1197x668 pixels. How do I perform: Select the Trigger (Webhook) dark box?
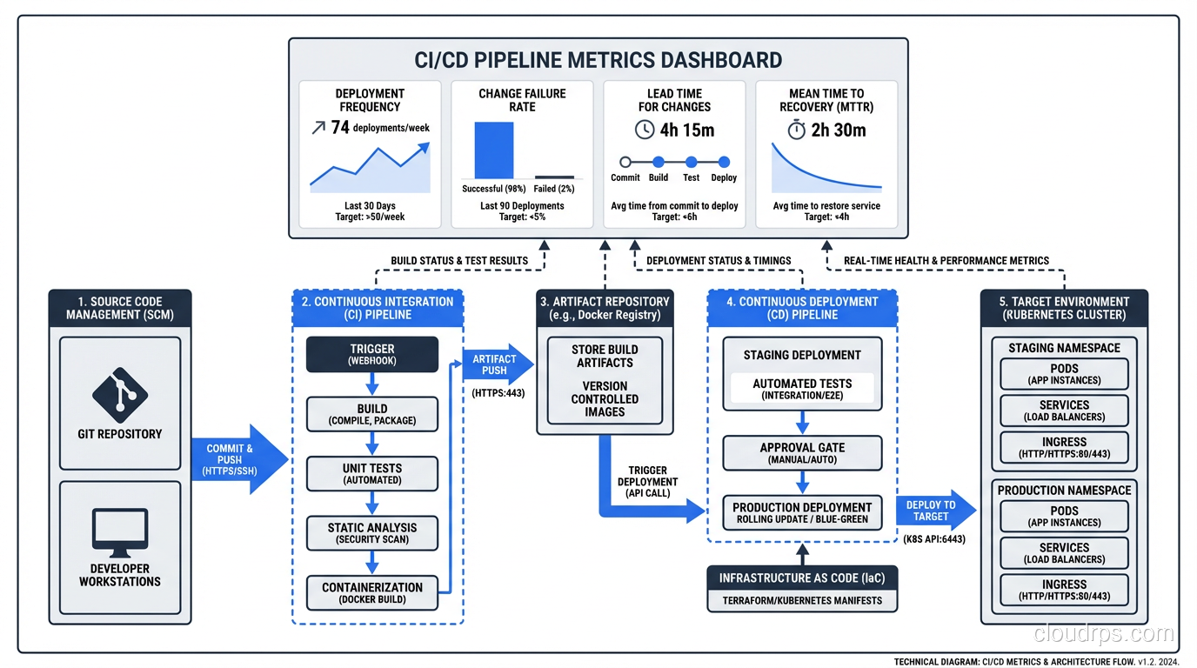(372, 354)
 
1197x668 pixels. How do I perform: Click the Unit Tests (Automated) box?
(372, 473)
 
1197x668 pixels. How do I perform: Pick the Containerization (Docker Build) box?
(372, 592)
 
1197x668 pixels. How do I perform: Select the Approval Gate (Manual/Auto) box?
(802, 452)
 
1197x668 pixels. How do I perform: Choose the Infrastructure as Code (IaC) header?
(802, 578)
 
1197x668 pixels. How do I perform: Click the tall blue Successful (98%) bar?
(493, 150)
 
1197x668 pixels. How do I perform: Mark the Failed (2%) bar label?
(554, 189)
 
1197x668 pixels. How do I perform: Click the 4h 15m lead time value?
(686, 130)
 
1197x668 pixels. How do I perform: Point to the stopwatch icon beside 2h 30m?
(797, 130)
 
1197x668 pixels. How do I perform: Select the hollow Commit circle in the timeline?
(625, 163)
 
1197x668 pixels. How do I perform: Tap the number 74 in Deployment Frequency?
(340, 127)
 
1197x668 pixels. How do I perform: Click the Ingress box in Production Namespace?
(1064, 590)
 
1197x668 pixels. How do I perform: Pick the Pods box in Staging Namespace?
(1064, 374)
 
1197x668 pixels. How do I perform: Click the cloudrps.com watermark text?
(1103, 633)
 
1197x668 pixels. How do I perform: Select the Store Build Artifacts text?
(605, 356)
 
